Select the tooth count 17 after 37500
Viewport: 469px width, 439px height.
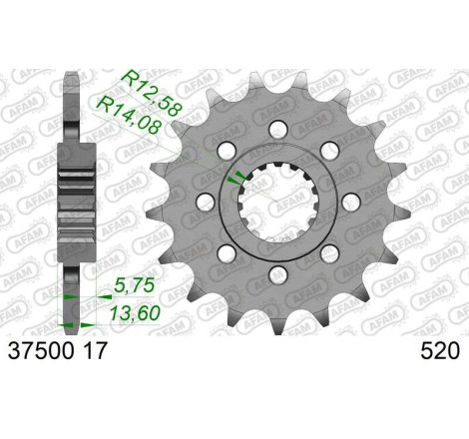[89, 351]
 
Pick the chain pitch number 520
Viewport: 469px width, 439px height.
[442, 351]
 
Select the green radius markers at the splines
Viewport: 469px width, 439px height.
[234, 178]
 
